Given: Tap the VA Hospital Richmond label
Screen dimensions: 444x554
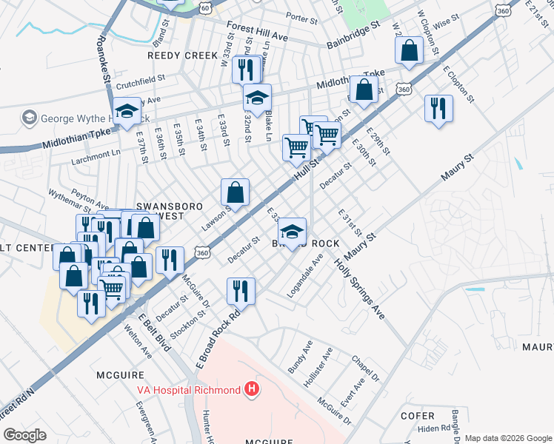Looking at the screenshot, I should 187,390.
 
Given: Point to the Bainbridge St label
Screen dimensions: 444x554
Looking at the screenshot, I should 353,35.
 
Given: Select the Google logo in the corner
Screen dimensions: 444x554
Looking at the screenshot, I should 24,434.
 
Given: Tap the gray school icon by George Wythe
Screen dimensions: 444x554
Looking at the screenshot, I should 30,118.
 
